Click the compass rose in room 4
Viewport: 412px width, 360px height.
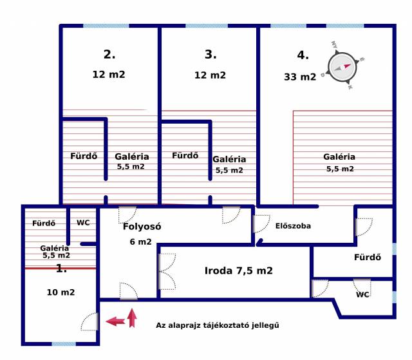[x=342, y=67]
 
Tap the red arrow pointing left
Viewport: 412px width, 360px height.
[x=115, y=321]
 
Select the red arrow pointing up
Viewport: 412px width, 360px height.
[x=132, y=318]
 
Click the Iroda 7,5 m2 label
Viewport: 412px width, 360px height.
[x=239, y=270]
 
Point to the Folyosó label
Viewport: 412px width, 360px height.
[x=142, y=227]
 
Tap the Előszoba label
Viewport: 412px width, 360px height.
[x=293, y=226]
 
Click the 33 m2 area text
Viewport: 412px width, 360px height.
[x=300, y=77]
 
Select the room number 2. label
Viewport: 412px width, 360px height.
[x=109, y=54]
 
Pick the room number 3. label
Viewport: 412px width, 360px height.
[x=211, y=54]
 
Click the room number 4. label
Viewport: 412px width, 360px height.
[x=303, y=55]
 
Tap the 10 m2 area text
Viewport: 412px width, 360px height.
[x=61, y=292]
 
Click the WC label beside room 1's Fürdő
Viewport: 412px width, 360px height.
[x=83, y=223]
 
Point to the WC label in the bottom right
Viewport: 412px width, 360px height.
[x=362, y=294]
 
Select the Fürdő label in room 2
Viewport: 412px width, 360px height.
[x=84, y=156]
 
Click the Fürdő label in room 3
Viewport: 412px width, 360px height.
[x=185, y=156]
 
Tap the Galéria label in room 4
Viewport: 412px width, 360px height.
[x=339, y=157]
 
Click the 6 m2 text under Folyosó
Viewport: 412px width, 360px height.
[x=140, y=242]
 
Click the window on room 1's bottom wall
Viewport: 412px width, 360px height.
[x=64, y=344]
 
